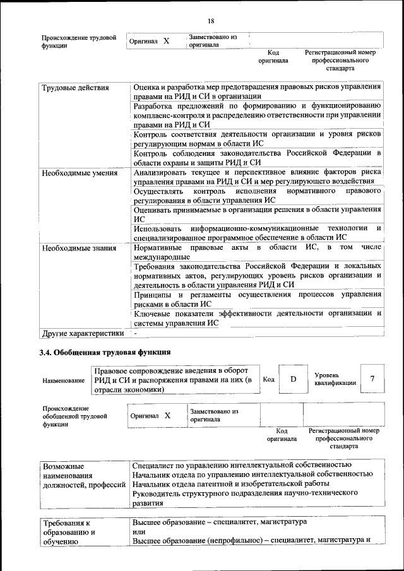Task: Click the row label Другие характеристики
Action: [83, 333]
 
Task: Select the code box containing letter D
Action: [293, 379]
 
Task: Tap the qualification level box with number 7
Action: [372, 379]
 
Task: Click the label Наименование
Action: [64, 380]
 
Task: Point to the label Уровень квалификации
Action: [335, 379]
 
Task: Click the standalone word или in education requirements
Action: [139, 532]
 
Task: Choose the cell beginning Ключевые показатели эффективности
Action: [258, 317]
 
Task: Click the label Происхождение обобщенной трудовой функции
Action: [74, 416]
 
